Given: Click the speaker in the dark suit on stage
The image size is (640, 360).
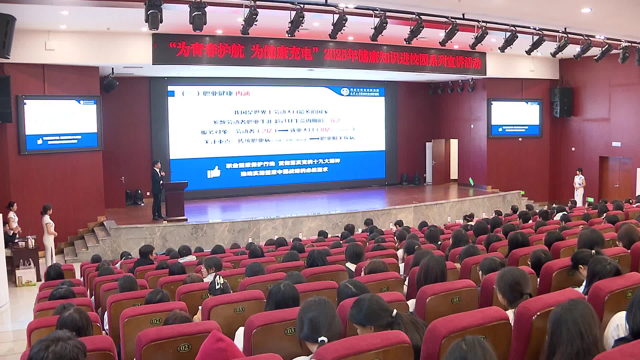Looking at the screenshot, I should point(157,190).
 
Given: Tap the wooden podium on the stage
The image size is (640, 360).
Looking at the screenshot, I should point(175,200).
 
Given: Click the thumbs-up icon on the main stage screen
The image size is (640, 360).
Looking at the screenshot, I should point(214,172).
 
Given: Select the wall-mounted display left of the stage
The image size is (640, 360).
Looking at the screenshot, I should point(60,124).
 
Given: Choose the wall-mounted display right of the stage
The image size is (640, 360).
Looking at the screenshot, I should point(515,118).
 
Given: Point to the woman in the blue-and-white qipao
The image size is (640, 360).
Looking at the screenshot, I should point(579,187).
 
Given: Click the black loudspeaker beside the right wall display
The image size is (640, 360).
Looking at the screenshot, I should point(561,102).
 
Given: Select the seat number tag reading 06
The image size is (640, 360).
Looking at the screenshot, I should point(629,294).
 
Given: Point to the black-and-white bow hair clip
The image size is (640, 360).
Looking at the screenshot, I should point(219,282).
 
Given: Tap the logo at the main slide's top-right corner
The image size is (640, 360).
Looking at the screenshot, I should point(363,92).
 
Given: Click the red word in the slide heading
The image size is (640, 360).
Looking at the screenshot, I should point(242,94).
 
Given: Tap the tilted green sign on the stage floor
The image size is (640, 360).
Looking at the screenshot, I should point(471,181).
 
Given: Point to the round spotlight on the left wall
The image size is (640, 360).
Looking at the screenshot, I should point(110,83).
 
